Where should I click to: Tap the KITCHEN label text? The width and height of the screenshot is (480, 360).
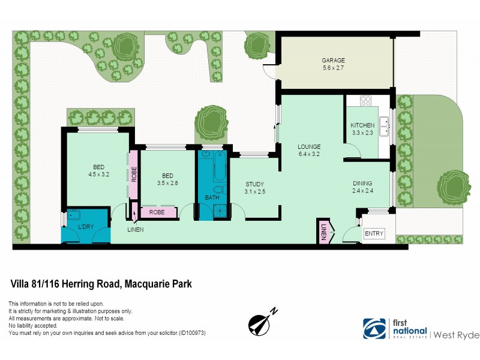362,129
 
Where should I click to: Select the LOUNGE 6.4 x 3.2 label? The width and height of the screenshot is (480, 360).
310,150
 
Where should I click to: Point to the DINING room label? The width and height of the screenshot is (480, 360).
362,187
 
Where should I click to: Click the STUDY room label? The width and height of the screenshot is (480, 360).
255,188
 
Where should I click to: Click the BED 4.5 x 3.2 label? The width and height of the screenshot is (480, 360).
98,171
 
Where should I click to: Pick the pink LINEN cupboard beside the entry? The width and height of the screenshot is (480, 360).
323,231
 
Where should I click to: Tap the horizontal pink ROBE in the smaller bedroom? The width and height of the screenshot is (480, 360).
157,212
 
